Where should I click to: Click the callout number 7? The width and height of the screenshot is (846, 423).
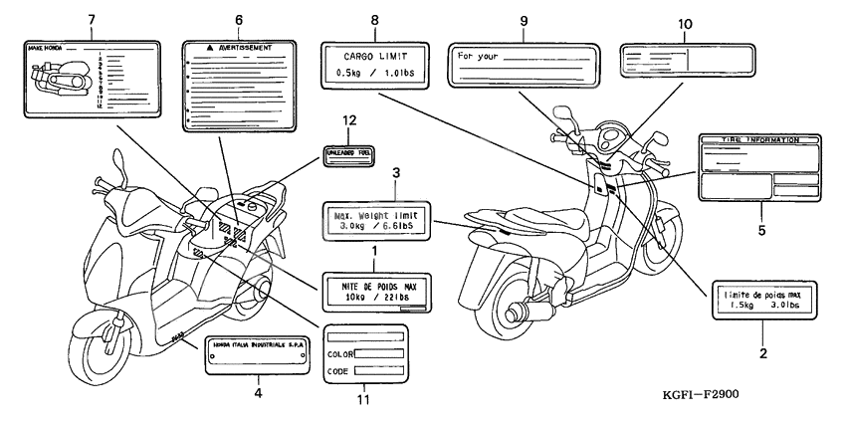[x=91, y=19]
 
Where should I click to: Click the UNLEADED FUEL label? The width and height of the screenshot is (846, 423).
[x=349, y=152]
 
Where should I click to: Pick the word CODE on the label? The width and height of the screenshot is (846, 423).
[x=338, y=370]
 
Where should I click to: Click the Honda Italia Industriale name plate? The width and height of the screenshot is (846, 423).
[x=258, y=349]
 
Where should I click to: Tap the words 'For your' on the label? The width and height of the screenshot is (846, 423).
[x=477, y=56]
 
